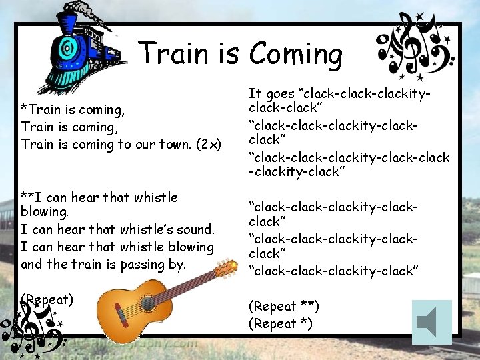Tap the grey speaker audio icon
(431, 322)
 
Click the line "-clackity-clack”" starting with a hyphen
(297, 173)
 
